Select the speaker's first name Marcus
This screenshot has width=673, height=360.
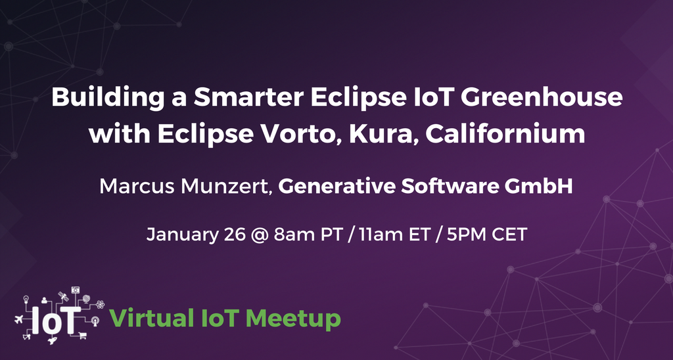133,187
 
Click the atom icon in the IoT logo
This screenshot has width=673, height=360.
100,304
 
